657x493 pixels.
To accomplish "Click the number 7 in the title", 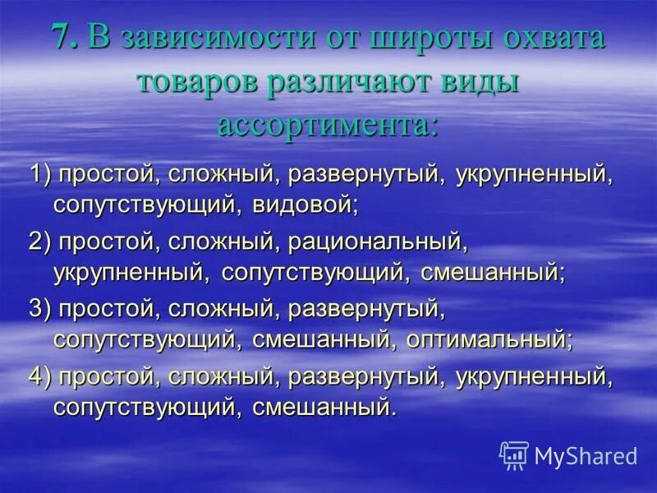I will [63, 39].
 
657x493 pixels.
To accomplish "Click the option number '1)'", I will [42, 174].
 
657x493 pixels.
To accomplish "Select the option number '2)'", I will [42, 242].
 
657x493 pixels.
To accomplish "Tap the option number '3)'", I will [42, 309].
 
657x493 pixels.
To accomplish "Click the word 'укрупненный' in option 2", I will [133, 272].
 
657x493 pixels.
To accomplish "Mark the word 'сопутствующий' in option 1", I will [147, 205].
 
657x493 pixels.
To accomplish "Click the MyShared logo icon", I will [513, 454].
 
